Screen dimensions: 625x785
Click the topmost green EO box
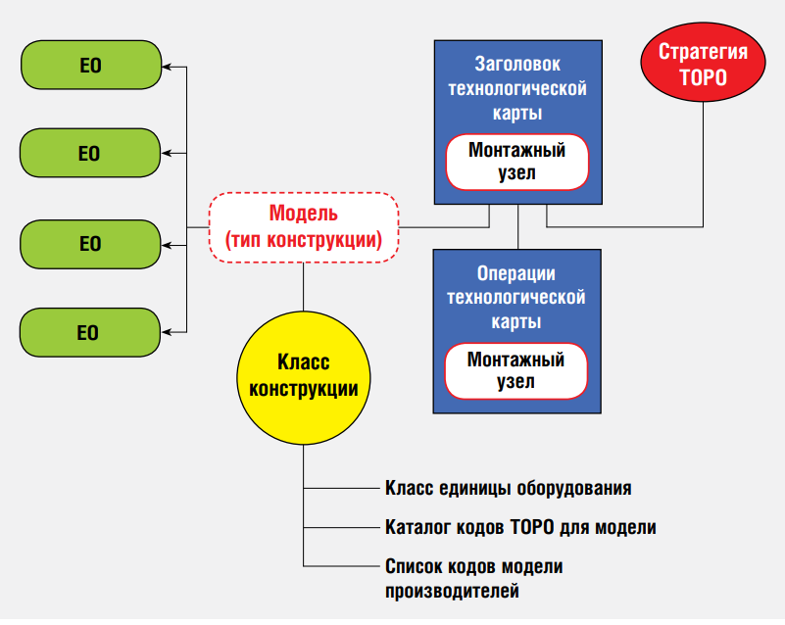click(90, 68)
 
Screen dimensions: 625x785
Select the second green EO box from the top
click(90, 153)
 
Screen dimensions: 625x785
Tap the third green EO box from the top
click(90, 243)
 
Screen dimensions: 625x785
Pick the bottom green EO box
click(90, 332)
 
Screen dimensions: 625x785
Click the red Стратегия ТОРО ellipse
click(703, 65)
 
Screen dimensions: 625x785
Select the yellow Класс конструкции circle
click(303, 375)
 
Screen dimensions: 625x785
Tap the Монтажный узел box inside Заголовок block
click(516, 162)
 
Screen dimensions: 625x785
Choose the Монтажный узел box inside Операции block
click(516, 369)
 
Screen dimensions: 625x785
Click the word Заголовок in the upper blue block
click(516, 66)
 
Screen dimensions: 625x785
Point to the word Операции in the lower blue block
click(516, 273)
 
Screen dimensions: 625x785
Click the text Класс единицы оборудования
click(508, 488)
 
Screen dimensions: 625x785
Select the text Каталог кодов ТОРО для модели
click(520, 527)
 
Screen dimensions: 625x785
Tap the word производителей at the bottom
click(452, 590)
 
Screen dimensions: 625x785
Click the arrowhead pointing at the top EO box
click(167, 68)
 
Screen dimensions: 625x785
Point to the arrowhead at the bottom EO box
click(167, 332)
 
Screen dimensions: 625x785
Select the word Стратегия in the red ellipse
click(703, 52)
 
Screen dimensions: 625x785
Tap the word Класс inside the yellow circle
click(303, 362)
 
